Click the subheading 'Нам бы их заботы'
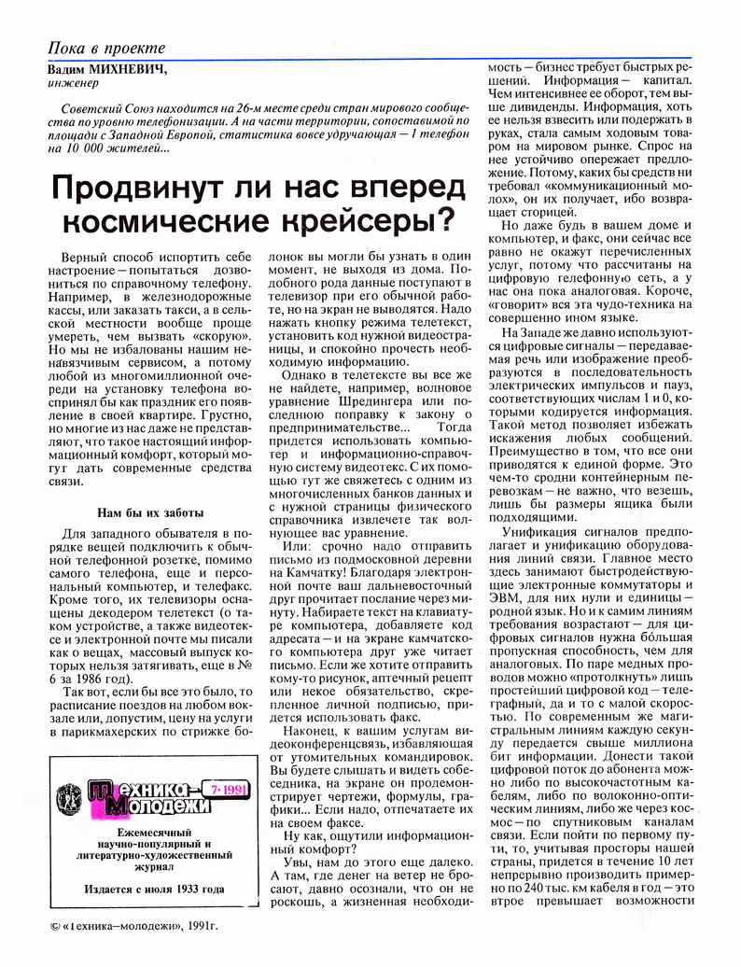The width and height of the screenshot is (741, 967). tap(150, 512)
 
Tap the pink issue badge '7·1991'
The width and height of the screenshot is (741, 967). tap(225, 788)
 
